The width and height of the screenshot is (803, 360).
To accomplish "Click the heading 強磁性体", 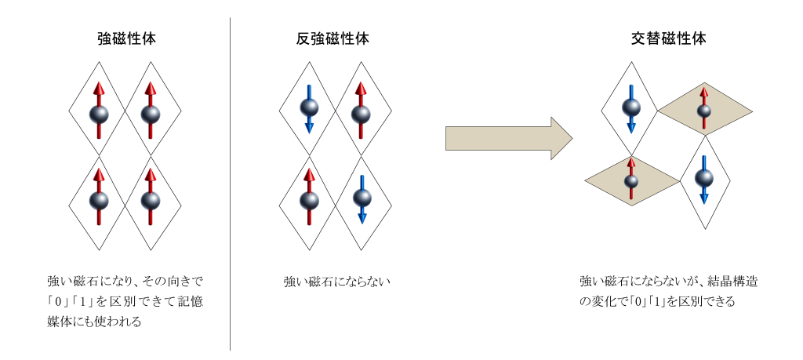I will (x=125, y=38).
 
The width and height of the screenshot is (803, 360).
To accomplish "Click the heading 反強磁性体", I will (x=335, y=38).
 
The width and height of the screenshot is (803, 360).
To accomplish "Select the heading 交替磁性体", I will (x=668, y=38).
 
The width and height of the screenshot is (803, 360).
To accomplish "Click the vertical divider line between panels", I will (x=230, y=184).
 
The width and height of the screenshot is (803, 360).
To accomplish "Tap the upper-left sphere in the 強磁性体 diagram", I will (x=99, y=115).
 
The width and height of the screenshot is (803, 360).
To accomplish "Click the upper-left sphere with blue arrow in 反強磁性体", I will (x=309, y=107).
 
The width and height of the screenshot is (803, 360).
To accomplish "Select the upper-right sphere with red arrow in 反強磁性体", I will (x=361, y=115).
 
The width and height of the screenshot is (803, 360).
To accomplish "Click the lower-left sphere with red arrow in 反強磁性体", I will (x=309, y=200).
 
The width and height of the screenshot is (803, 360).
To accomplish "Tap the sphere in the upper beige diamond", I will (x=704, y=111).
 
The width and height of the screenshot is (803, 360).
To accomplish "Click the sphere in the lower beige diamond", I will (x=631, y=181).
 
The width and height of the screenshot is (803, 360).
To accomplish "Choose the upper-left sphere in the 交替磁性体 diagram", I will (x=631, y=106).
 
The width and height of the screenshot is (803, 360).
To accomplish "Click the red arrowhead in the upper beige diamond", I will (x=704, y=93).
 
